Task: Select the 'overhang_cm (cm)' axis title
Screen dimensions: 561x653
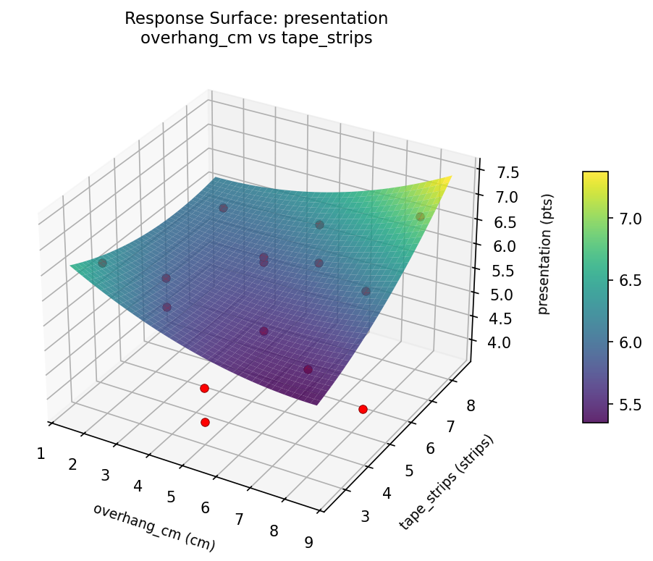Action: click(153, 524)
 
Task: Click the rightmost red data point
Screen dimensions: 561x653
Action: click(363, 409)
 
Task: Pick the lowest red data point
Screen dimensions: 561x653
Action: click(205, 422)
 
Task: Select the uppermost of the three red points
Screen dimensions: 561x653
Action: click(204, 388)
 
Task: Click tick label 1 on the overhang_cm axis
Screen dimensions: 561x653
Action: click(41, 454)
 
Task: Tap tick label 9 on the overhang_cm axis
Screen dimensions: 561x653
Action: click(309, 542)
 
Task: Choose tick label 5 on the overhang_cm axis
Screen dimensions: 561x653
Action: click(172, 497)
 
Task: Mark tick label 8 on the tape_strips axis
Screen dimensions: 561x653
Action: click(471, 406)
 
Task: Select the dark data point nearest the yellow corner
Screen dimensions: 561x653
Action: click(420, 216)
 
